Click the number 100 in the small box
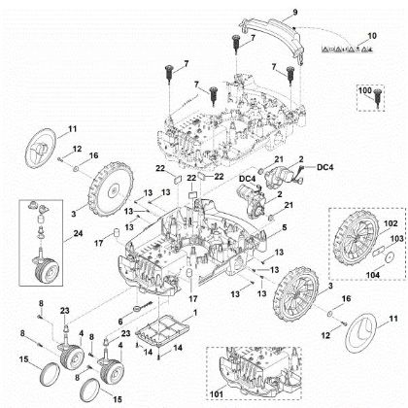[x=365, y=89]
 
